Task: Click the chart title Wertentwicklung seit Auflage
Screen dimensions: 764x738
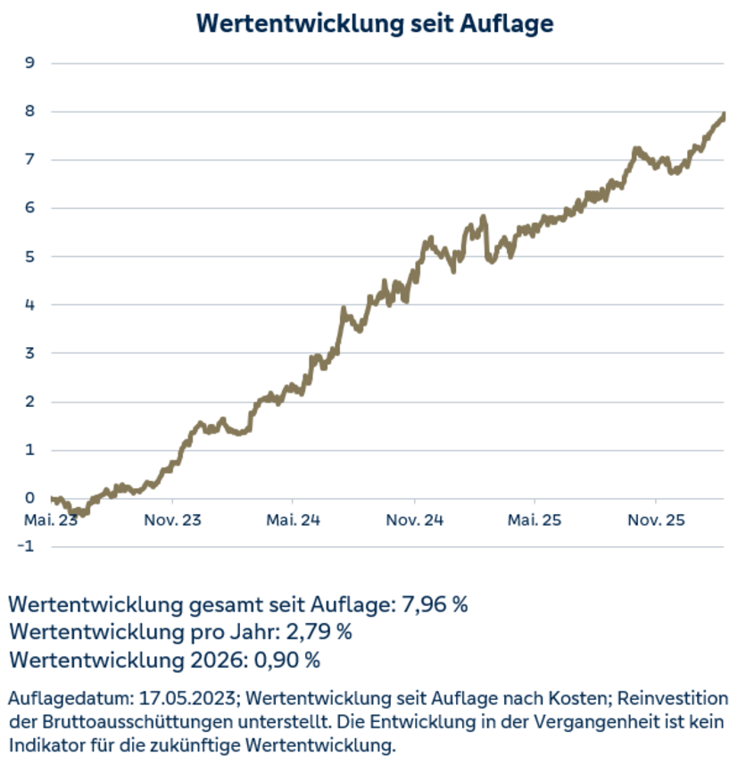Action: (374, 23)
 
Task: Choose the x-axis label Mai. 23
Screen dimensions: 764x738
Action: (52, 519)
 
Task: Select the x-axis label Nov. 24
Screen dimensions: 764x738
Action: (414, 519)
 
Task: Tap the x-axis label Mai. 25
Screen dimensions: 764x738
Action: (535, 519)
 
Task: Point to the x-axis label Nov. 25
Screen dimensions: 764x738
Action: (656, 519)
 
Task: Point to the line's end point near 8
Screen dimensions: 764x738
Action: (723, 115)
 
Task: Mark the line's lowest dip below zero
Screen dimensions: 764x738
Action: (82, 514)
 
